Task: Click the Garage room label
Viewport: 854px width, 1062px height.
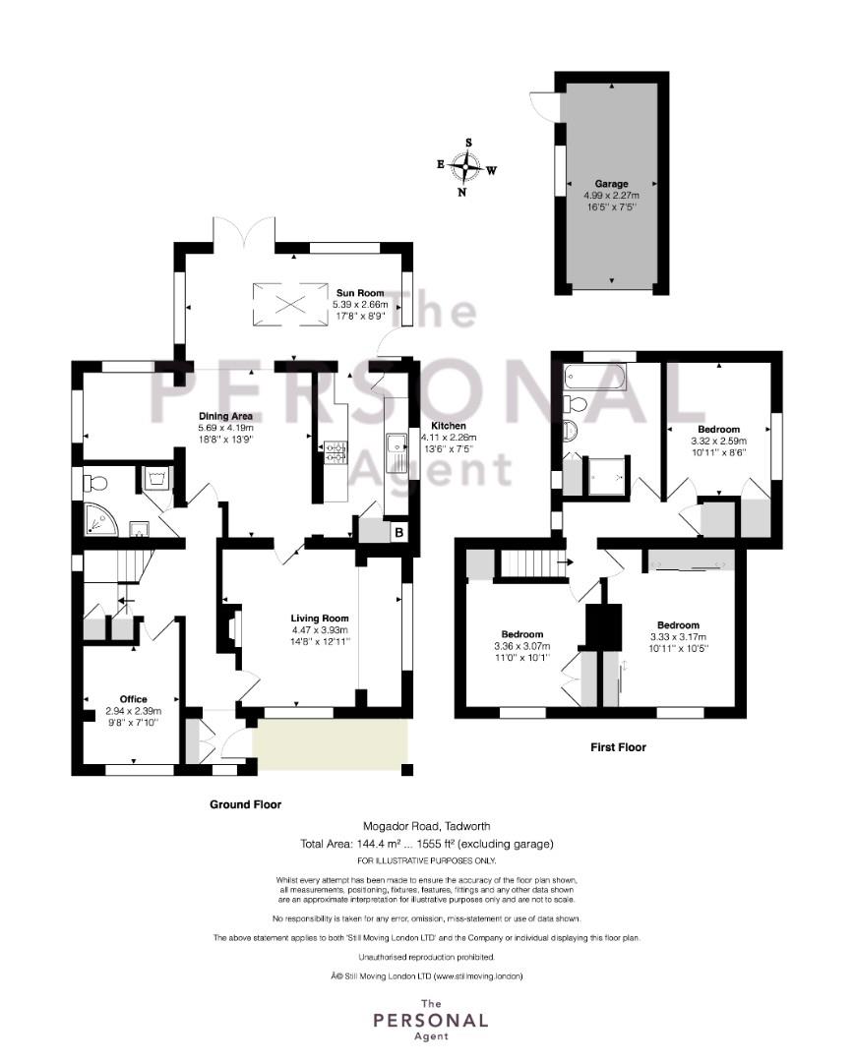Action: pos(611,184)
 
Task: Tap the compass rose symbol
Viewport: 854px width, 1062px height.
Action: pos(467,166)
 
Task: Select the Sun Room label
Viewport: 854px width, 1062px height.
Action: pos(360,293)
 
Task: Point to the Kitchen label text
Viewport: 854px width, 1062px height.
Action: pos(449,426)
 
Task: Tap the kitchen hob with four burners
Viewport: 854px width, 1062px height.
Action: pos(335,451)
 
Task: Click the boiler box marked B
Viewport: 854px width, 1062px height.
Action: pos(399,532)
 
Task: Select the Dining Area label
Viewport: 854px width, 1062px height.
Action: pos(225,416)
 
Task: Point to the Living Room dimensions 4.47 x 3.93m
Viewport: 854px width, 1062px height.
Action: pos(320,630)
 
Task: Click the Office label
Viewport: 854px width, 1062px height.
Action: pos(134,699)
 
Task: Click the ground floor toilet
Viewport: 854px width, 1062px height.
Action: pos(94,483)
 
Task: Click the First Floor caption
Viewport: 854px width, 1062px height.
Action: pos(618,747)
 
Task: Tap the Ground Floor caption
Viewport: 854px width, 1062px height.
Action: pos(245,804)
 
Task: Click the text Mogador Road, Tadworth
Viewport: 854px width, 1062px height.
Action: pos(427,826)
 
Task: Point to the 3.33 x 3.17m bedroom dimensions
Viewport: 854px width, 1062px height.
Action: pos(678,636)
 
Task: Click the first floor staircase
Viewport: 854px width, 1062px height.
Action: pos(533,562)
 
